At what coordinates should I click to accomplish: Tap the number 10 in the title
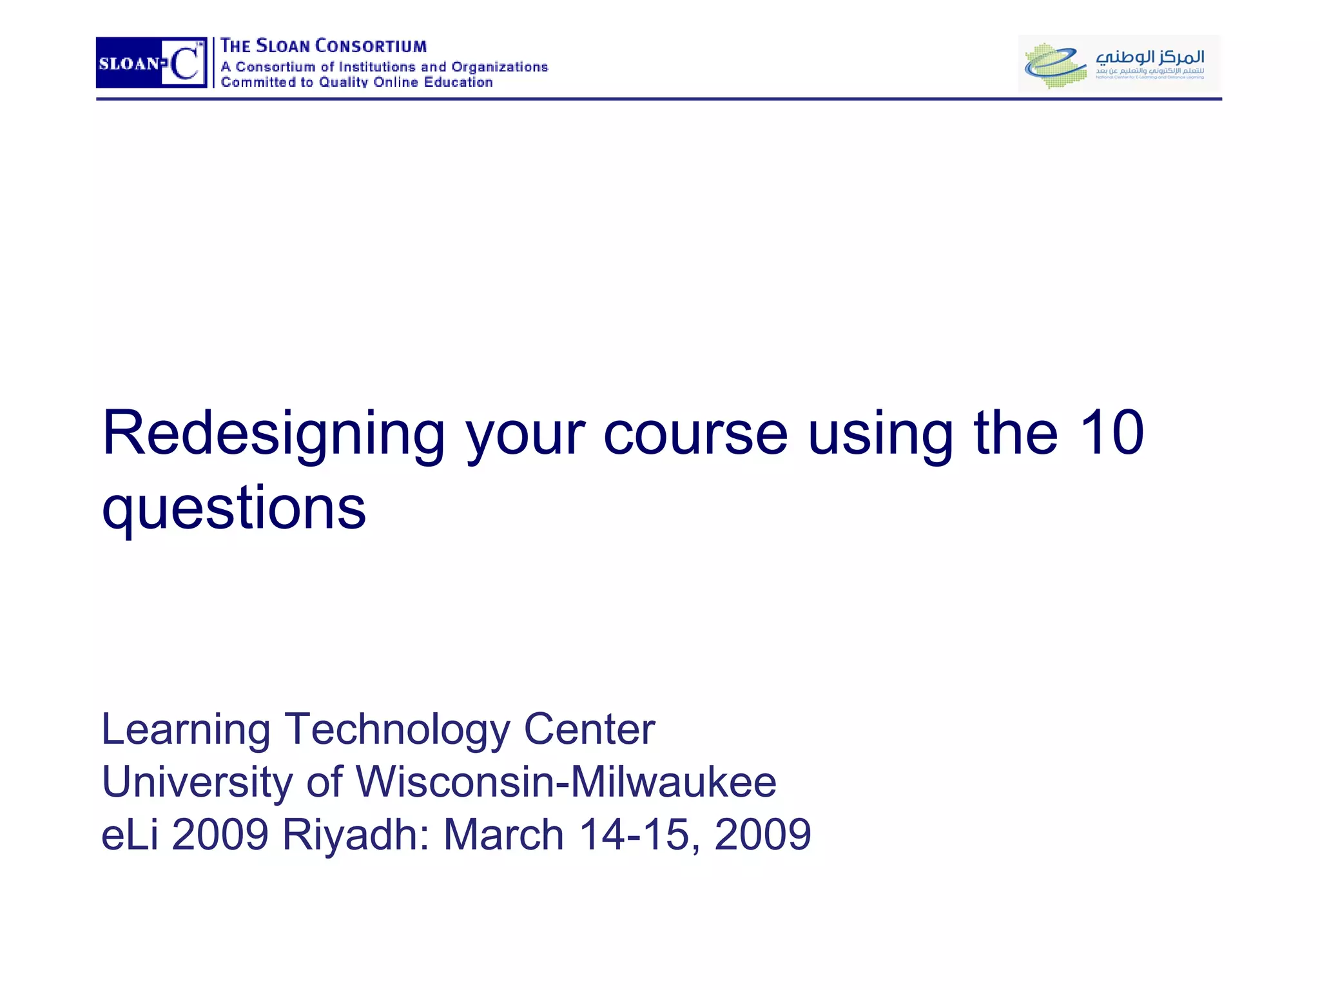(x=1111, y=433)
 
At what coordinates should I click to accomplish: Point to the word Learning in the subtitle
(x=186, y=731)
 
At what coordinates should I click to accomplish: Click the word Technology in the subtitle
(x=397, y=731)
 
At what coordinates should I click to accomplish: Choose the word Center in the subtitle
(x=589, y=730)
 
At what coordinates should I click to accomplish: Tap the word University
(x=197, y=782)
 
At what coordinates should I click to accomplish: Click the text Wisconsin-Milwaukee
(x=566, y=782)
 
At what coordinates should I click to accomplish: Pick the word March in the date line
(x=504, y=835)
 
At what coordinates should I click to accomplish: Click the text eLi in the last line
(x=130, y=835)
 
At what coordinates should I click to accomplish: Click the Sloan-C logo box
(x=151, y=63)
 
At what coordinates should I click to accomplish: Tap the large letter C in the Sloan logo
(x=184, y=63)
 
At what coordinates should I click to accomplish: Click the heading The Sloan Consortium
(x=324, y=46)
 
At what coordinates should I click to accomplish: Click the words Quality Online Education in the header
(x=406, y=82)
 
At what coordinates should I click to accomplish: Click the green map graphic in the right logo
(x=1054, y=65)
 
